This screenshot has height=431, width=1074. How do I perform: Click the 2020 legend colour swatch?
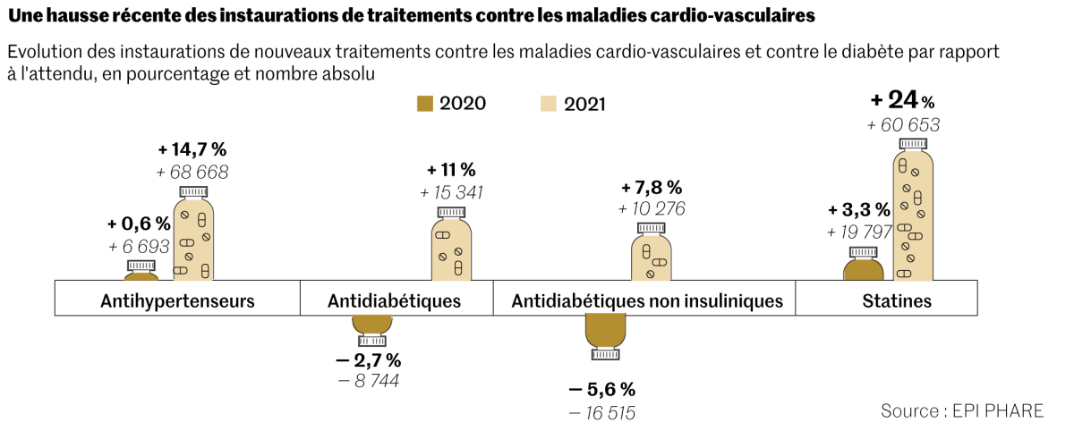click(425, 104)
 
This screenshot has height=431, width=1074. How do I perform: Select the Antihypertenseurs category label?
click(177, 300)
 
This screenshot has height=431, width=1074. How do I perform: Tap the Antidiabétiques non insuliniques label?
click(647, 300)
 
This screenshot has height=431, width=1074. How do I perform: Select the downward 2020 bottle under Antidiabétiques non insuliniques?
click(605, 334)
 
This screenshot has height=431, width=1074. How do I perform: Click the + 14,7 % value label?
click(192, 149)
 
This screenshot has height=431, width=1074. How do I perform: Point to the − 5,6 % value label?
click(602, 389)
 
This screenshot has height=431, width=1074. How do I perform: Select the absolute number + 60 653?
click(903, 125)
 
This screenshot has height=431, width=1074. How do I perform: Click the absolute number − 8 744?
click(367, 381)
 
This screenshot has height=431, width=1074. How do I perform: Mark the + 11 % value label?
click(451, 169)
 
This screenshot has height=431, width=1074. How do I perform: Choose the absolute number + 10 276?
click(652, 209)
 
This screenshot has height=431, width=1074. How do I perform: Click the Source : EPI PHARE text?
click(962, 410)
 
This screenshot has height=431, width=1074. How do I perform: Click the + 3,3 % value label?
click(859, 210)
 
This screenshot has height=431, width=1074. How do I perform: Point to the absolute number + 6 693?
click(139, 246)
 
